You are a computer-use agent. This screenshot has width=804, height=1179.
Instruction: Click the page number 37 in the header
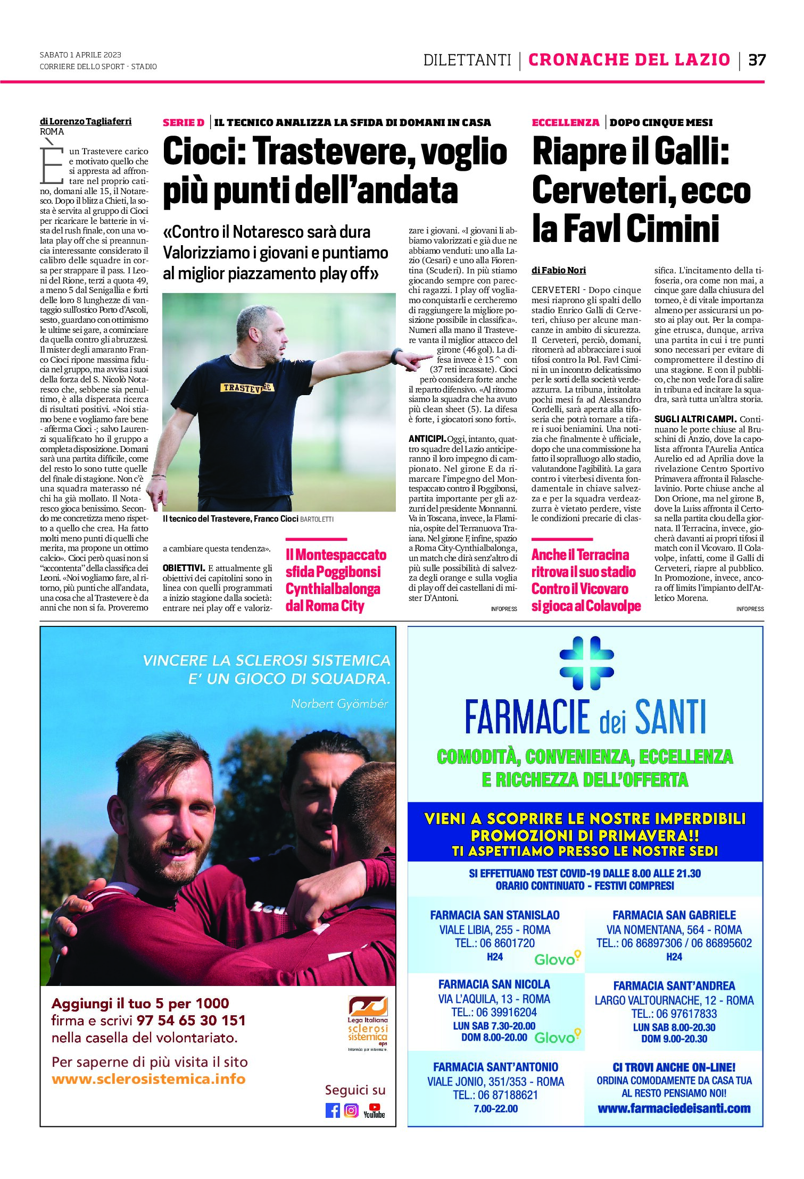click(757, 60)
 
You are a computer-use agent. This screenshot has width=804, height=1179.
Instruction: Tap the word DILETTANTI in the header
click(467, 60)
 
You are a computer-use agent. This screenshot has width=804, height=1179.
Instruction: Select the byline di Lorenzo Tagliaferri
click(86, 121)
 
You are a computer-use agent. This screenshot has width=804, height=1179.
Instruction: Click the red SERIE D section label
click(184, 123)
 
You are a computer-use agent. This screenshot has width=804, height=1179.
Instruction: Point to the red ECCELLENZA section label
click(565, 123)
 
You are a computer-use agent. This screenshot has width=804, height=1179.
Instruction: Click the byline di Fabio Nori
click(558, 270)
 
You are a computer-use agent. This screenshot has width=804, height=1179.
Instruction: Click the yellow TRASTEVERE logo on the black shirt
click(247, 388)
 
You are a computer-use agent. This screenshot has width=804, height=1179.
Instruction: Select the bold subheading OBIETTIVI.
click(184, 568)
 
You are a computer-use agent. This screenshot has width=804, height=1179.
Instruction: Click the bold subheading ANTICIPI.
click(427, 439)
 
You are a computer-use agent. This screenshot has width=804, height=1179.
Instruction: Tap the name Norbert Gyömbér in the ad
click(339, 704)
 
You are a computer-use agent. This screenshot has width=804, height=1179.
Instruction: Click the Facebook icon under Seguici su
click(333, 1110)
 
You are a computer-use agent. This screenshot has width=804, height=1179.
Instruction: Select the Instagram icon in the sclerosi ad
click(351, 1110)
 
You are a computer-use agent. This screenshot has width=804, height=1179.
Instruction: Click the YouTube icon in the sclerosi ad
click(374, 1110)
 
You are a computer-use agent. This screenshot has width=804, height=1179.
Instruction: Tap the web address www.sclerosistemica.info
click(148, 1079)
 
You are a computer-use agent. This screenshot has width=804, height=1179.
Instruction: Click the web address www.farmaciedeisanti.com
click(674, 1108)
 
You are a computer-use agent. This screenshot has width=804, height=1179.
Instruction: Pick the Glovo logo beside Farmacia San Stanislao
click(557, 959)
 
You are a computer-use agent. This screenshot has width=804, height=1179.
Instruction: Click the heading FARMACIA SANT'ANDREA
click(674, 985)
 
